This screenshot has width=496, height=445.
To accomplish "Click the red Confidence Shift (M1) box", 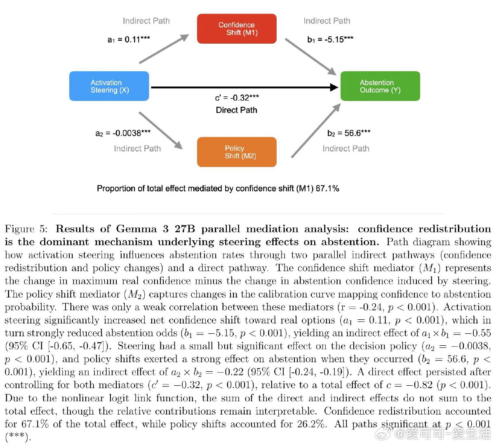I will click(237, 29).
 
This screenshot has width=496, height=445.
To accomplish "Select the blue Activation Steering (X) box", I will click(109, 86).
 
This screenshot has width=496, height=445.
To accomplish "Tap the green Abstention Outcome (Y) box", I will click(380, 86).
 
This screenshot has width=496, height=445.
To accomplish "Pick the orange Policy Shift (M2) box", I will click(237, 152).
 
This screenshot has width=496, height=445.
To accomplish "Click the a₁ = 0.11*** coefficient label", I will click(129, 40).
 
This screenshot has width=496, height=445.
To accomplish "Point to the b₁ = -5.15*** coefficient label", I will click(330, 40).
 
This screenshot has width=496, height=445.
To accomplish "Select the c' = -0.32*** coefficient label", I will click(237, 98).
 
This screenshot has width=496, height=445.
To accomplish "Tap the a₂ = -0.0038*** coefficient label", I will click(123, 133).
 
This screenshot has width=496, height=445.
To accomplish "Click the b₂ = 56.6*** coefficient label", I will click(348, 133).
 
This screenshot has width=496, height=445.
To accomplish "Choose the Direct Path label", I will click(236, 110).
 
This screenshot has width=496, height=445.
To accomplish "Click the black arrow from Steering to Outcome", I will click(243, 87).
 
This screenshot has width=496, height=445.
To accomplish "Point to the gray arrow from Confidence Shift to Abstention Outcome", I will click(310, 57).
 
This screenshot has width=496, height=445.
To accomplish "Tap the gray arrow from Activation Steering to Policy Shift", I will click(161, 130).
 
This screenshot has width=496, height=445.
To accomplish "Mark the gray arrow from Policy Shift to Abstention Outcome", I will click(316, 130).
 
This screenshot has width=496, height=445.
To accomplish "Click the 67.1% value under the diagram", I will click(327, 188).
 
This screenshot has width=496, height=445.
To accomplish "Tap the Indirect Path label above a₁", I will click(146, 21).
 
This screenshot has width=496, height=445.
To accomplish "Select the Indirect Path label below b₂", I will click(346, 148).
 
